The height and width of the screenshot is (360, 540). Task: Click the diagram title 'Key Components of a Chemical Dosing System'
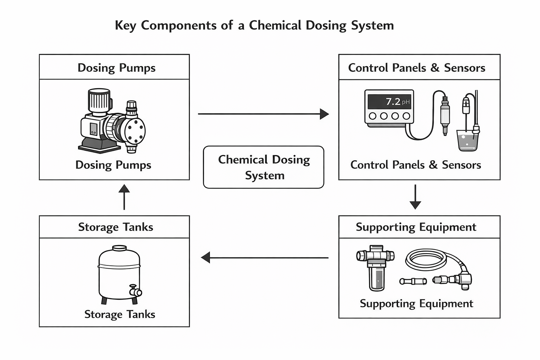tap(254, 26)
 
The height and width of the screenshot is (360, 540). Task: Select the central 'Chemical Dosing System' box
tap(264, 167)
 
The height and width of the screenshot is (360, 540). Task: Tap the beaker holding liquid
tap(468, 141)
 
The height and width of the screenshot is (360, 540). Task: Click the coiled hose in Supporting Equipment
tap(426, 259)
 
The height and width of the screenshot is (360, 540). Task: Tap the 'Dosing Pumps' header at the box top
tap(116, 67)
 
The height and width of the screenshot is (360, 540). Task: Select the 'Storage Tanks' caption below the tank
tap(120, 314)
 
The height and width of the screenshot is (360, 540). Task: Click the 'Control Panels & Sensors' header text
tap(417, 67)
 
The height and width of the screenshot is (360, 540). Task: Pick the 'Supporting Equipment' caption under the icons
tap(416, 303)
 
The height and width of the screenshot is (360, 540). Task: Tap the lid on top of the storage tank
tap(120, 248)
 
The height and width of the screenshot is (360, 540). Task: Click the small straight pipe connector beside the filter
tap(413, 281)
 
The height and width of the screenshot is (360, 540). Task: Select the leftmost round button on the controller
tap(373, 116)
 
